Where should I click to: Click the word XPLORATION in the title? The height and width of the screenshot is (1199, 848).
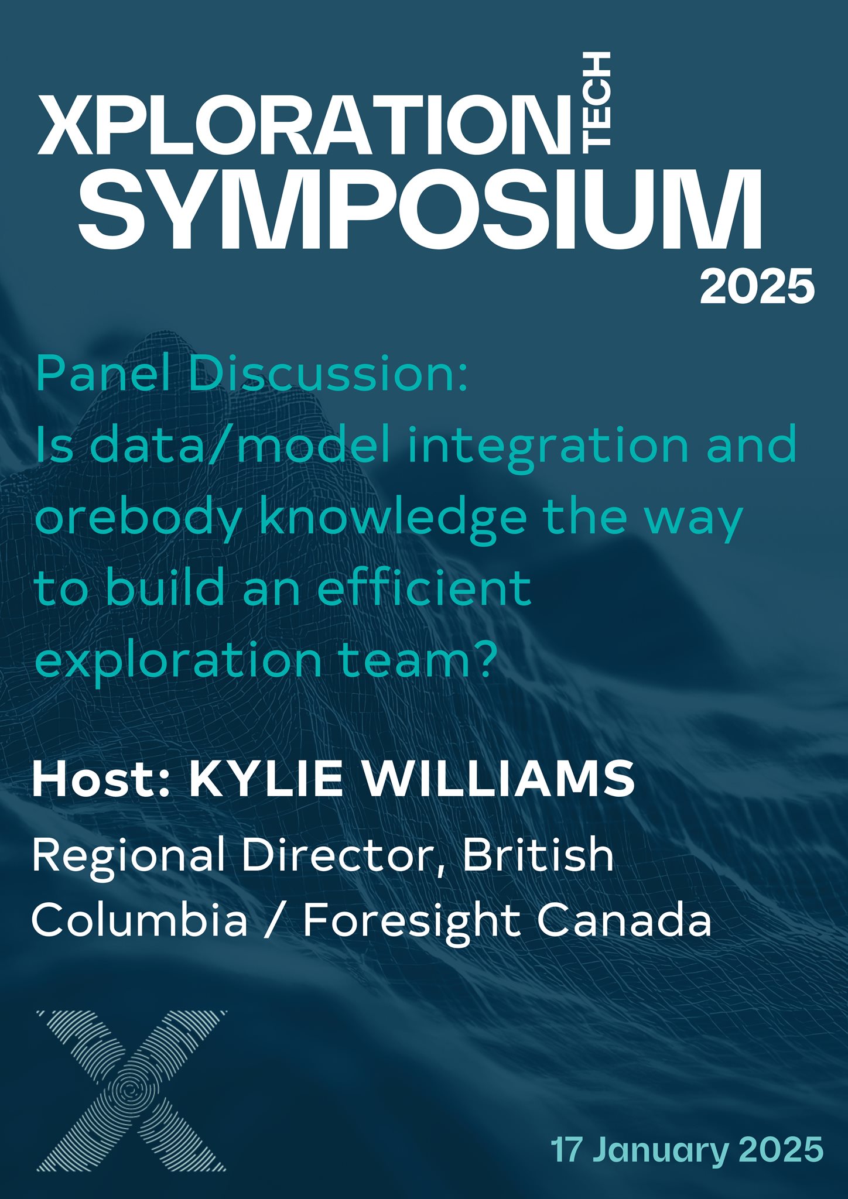[x=304, y=125]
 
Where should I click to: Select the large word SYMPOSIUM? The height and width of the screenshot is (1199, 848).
[x=420, y=209]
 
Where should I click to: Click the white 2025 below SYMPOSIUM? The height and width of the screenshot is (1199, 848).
[x=757, y=286]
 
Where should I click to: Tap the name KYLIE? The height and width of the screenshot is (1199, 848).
[x=266, y=779]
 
